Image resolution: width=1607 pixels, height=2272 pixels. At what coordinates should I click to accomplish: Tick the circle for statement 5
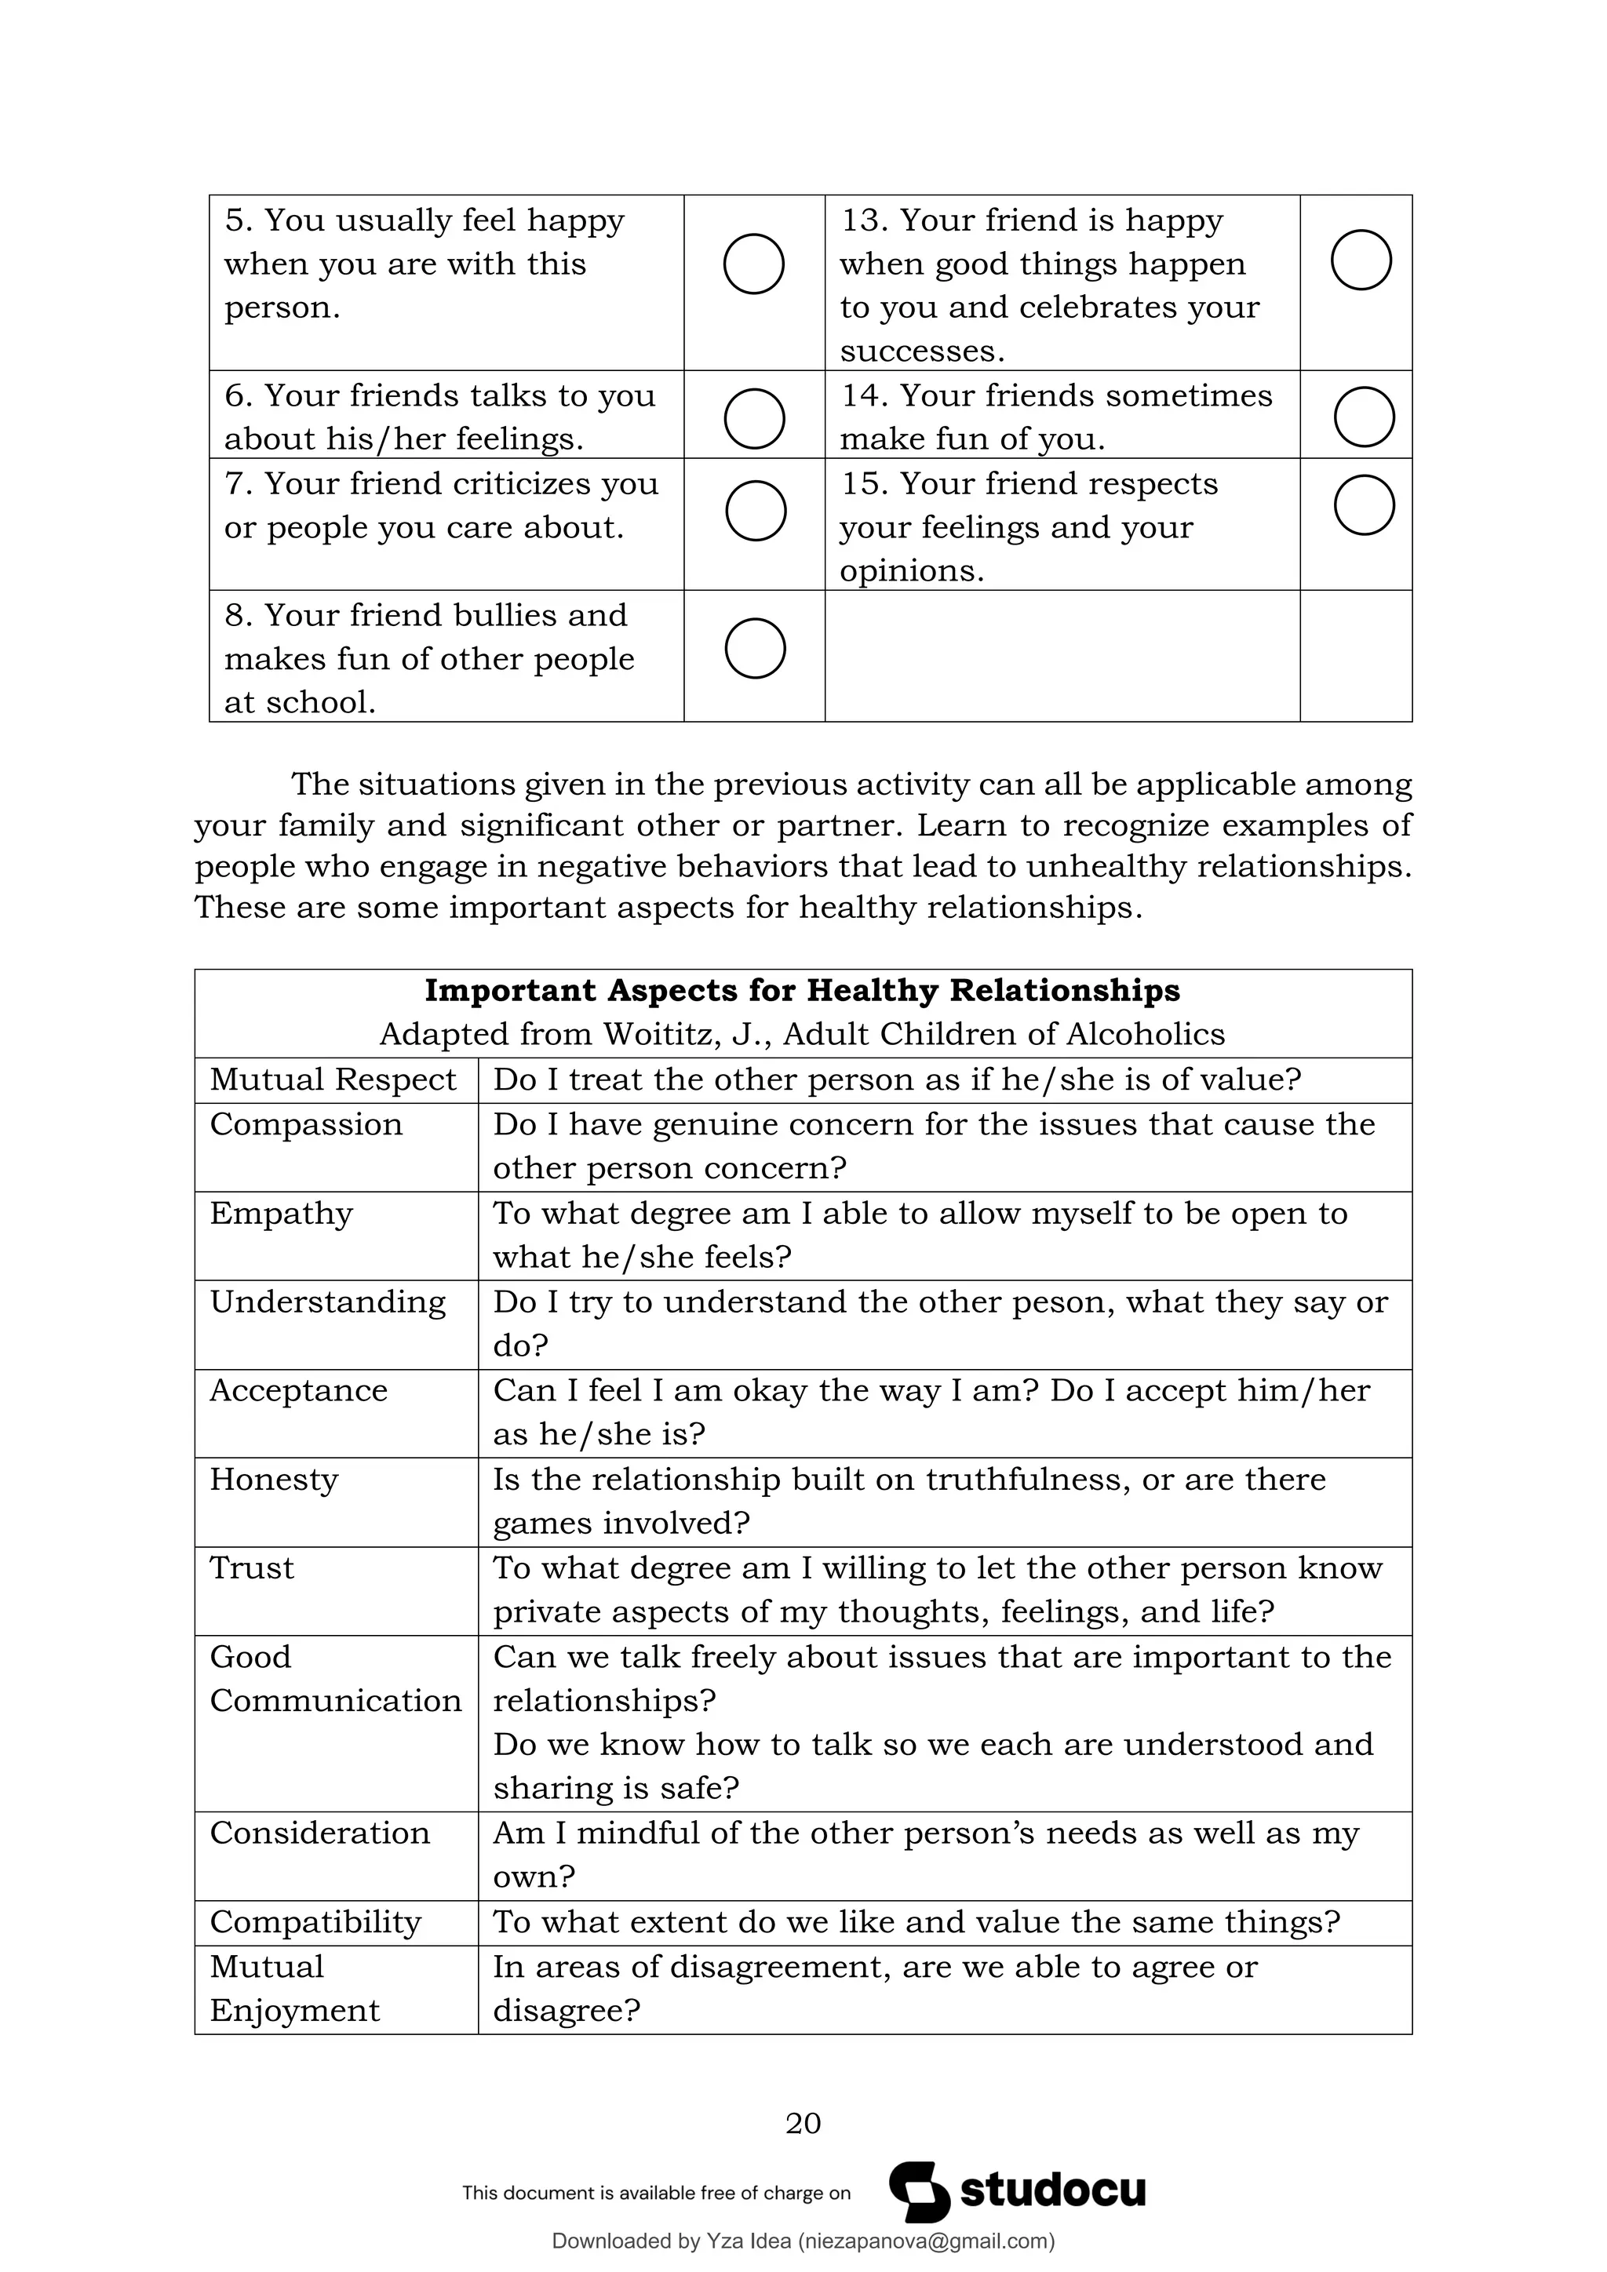(x=754, y=264)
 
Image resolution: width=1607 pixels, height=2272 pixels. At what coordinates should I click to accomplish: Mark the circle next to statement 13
(x=1361, y=260)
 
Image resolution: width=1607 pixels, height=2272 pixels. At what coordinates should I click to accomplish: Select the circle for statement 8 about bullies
(x=755, y=648)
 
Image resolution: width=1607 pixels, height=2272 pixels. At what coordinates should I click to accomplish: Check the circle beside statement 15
(x=1364, y=506)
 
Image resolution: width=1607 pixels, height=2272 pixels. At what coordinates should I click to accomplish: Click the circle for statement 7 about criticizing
(x=755, y=511)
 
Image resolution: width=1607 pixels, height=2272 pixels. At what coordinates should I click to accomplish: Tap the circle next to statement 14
(x=1364, y=417)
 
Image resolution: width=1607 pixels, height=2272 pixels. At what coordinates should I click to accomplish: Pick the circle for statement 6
(x=754, y=419)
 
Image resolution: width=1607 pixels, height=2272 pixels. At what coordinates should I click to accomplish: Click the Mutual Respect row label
(x=333, y=1080)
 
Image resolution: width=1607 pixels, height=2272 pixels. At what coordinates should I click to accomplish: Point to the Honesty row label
(x=273, y=1480)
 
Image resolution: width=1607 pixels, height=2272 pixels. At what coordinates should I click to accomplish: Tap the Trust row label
(x=251, y=1568)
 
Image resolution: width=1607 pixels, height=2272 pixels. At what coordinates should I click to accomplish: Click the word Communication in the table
(x=336, y=1701)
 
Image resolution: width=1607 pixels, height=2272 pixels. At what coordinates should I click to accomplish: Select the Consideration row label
(x=319, y=1833)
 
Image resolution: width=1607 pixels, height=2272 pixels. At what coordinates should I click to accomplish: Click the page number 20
(x=803, y=2123)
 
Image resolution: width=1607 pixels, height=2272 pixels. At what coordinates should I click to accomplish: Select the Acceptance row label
(x=298, y=1390)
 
